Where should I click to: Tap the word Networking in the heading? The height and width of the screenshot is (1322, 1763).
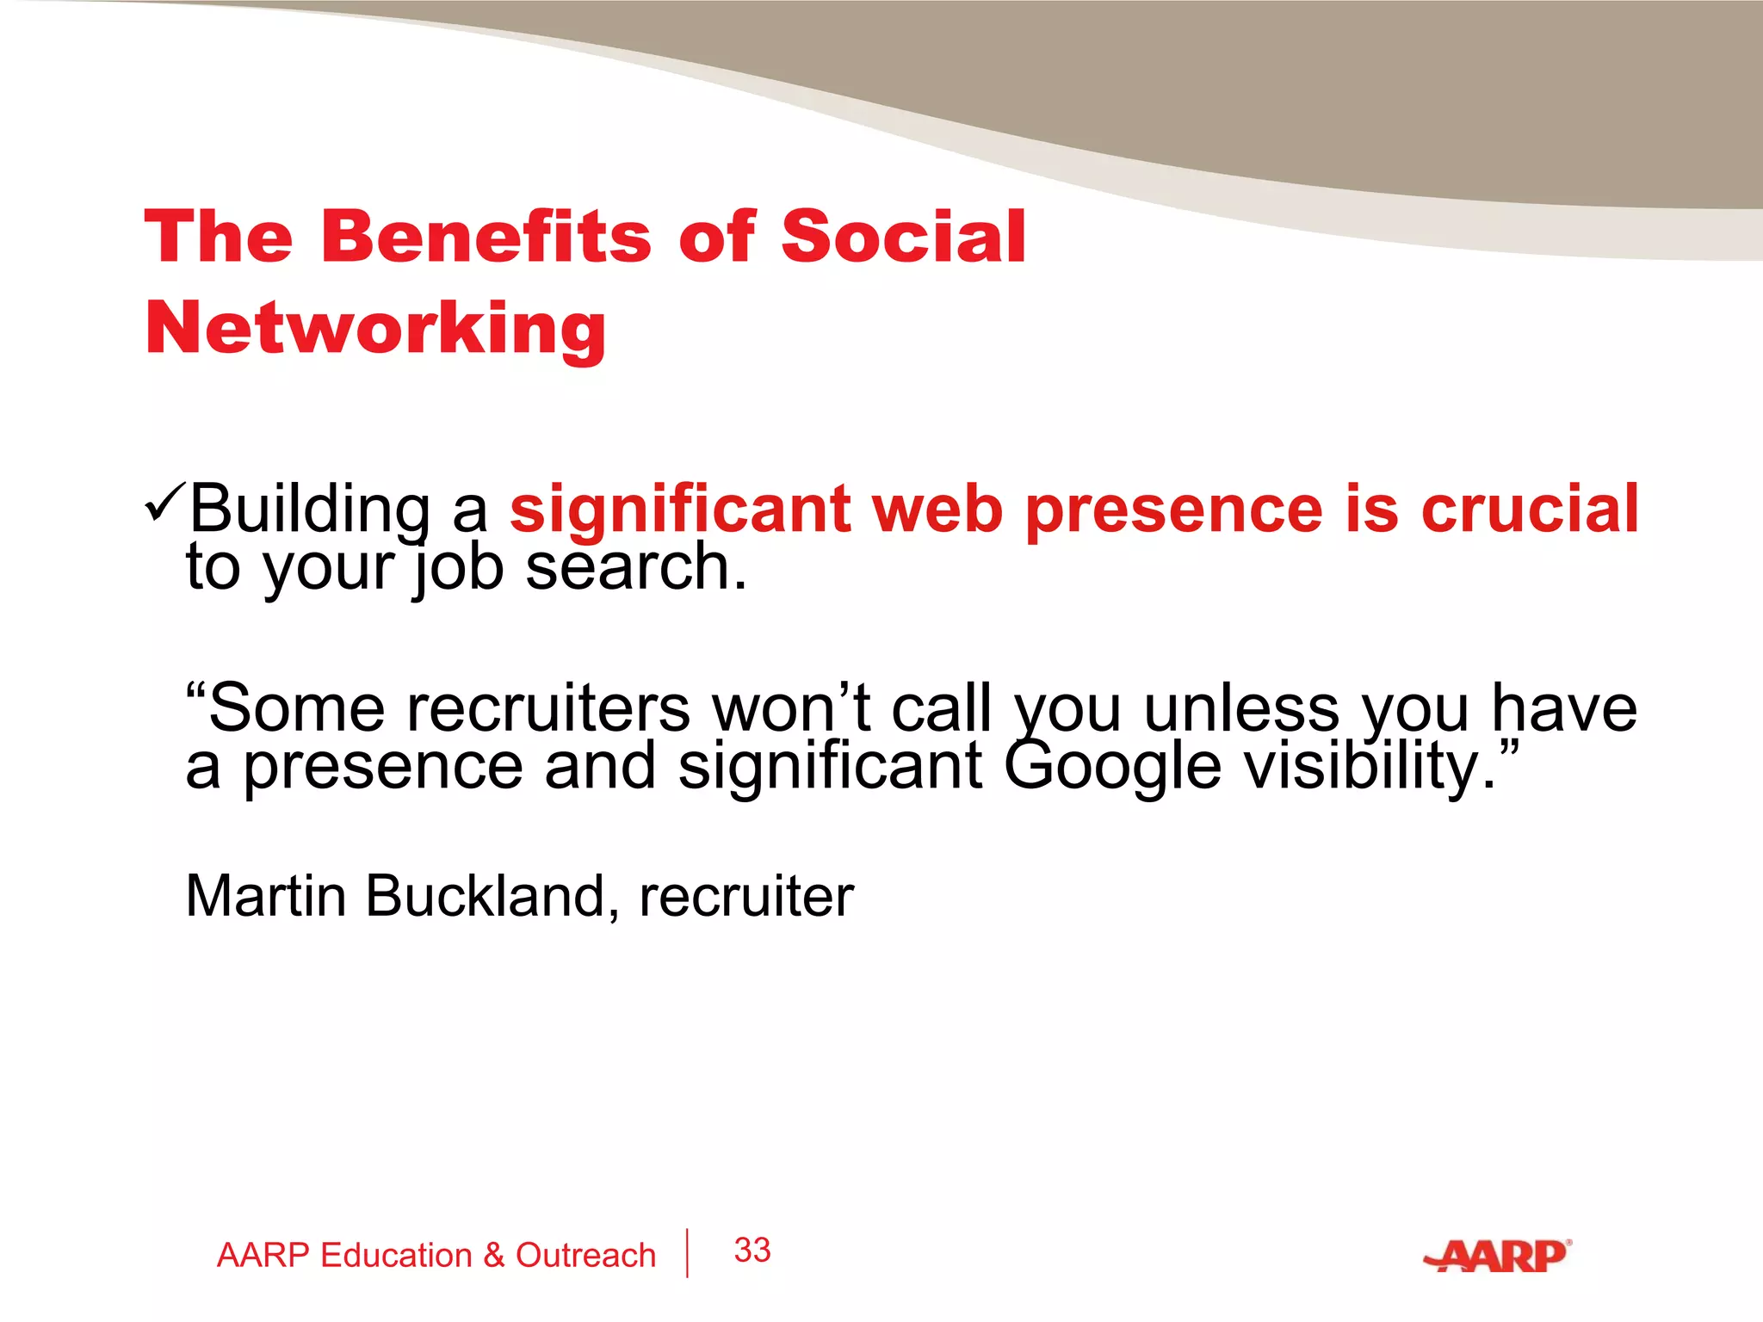click(x=376, y=329)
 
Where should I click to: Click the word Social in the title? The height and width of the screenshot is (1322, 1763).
click(x=903, y=237)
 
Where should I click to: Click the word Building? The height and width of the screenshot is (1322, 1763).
click(x=310, y=510)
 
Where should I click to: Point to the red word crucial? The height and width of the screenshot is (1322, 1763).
click(x=1530, y=510)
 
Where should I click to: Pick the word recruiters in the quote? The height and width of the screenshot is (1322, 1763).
click(x=548, y=709)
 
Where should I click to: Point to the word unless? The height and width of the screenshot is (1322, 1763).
click(x=1241, y=709)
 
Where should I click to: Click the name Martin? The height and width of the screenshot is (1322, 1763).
click(x=266, y=897)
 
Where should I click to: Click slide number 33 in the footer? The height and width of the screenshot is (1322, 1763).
click(x=752, y=1251)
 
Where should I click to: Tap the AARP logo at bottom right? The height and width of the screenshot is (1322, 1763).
click(x=1498, y=1257)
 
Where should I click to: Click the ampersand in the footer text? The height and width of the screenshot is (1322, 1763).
click(x=493, y=1256)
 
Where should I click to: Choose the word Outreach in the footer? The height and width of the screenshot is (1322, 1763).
click(x=585, y=1256)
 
